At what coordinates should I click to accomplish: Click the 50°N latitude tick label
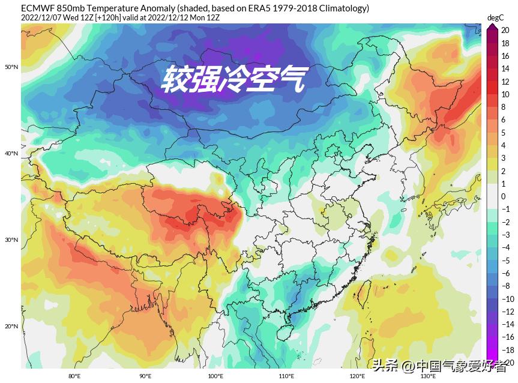[x=11, y=67]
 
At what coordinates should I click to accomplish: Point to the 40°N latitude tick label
[x=11, y=154]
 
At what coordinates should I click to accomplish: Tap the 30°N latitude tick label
[x=11, y=240]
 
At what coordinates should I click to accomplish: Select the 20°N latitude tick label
[x=11, y=327]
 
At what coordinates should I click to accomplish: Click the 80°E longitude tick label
[x=74, y=376]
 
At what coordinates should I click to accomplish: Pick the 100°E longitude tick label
[x=215, y=376]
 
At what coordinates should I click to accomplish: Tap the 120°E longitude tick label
[x=357, y=376]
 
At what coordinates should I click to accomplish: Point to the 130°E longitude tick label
[x=427, y=376]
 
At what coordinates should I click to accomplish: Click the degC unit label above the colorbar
[x=495, y=18]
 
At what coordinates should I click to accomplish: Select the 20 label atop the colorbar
[x=505, y=31]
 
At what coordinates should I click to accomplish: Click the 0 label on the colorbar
[x=504, y=196]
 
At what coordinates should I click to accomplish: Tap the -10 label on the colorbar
[x=507, y=299]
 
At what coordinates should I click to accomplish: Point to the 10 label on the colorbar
[x=505, y=94]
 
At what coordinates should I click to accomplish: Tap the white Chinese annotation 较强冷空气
[x=233, y=79]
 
